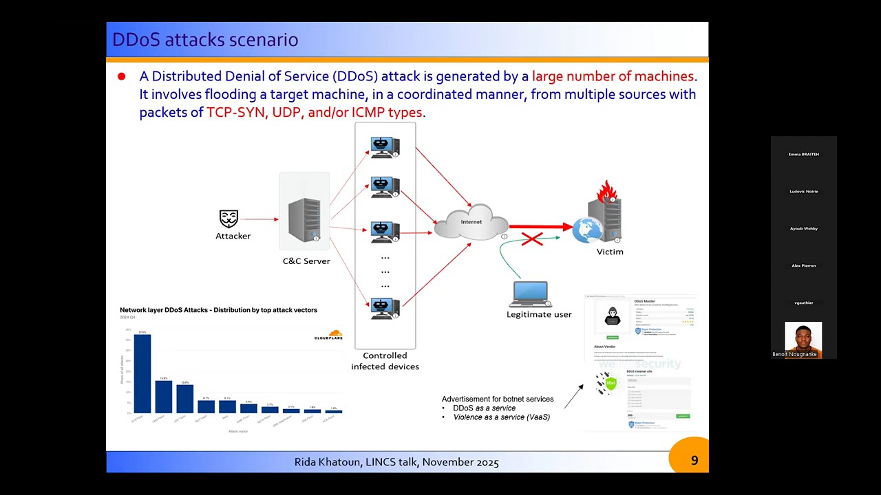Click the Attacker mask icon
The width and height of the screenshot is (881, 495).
[x=229, y=219]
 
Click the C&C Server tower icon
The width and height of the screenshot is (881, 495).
[x=305, y=219]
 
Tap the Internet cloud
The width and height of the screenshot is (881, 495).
[x=471, y=222]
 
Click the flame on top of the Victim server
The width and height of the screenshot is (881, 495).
[x=606, y=191]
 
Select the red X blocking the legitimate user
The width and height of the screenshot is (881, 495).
[x=532, y=239]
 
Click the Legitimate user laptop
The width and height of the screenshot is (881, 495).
[x=530, y=294]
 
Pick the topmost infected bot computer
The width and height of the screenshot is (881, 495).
[x=384, y=147]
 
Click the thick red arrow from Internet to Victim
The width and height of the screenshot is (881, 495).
[x=540, y=225]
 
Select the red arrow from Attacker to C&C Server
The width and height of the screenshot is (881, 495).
[x=259, y=219]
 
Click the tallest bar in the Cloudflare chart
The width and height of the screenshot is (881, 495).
[x=142, y=373]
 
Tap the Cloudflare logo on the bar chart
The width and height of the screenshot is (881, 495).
[x=328, y=335]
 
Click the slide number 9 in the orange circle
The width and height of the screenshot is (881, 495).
[x=694, y=461]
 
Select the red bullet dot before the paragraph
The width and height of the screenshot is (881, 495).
[x=122, y=76]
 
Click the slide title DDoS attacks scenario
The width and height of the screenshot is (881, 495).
[x=205, y=40]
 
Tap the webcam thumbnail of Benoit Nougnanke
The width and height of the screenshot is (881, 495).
[x=803, y=338]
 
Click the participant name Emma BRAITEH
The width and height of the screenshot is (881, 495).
[x=803, y=154]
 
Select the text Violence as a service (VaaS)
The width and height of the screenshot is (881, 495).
[x=501, y=417]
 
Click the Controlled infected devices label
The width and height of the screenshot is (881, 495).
[x=385, y=361]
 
